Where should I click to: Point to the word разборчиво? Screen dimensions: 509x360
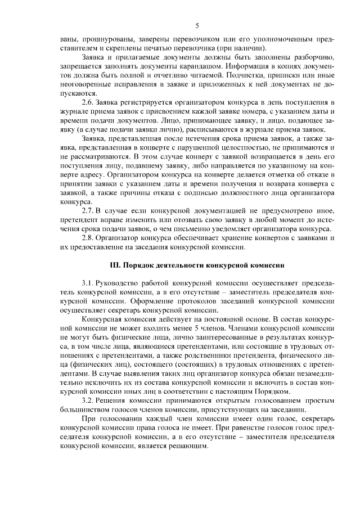pyautogui.click(x=315, y=57)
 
